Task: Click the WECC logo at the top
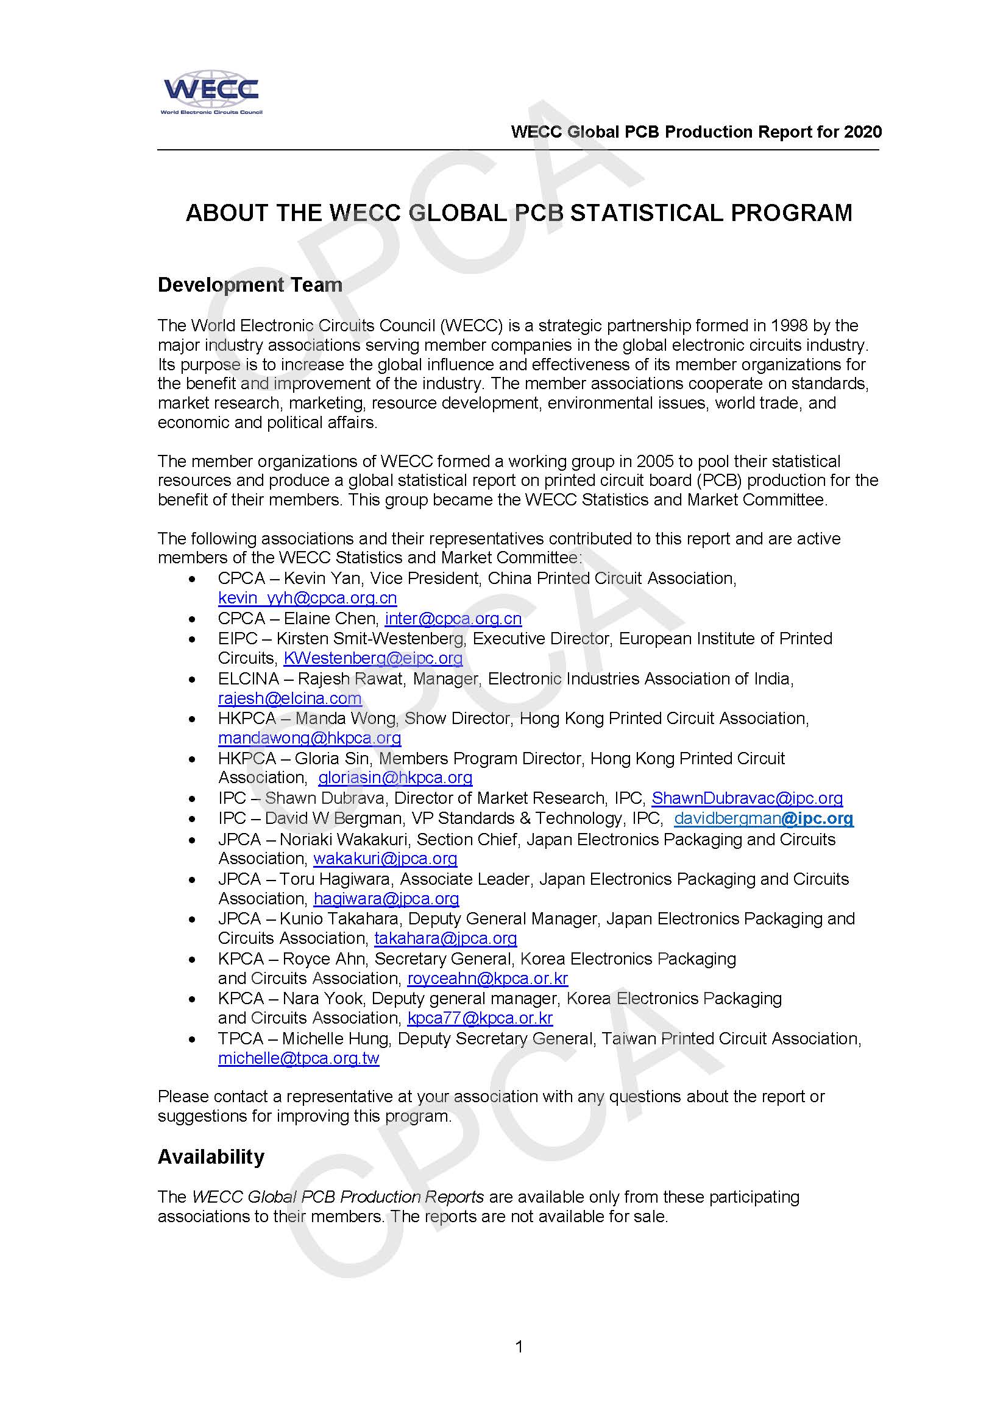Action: [x=211, y=93]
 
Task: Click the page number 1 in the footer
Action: [x=519, y=1346]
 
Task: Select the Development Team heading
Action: [x=250, y=285]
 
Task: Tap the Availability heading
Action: [x=211, y=1156]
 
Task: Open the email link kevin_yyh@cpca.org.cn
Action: [x=307, y=598]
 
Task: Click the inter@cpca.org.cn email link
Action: [x=453, y=619]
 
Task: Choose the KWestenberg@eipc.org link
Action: [x=373, y=658]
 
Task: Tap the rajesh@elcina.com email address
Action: [x=289, y=698]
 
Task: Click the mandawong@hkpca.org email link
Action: [x=310, y=737]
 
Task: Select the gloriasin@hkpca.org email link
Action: [x=395, y=778]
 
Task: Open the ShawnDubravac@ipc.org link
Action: [x=746, y=798]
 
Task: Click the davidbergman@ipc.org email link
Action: [x=764, y=818]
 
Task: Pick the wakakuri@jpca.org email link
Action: [x=385, y=859]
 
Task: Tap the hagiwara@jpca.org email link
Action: [x=386, y=899]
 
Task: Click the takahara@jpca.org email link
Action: [x=445, y=938]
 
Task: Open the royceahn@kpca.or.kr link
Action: [x=487, y=978]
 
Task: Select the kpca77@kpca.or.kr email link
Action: [x=480, y=1018]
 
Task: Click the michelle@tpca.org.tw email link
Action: [x=299, y=1058]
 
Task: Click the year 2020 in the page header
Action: [x=863, y=132]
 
